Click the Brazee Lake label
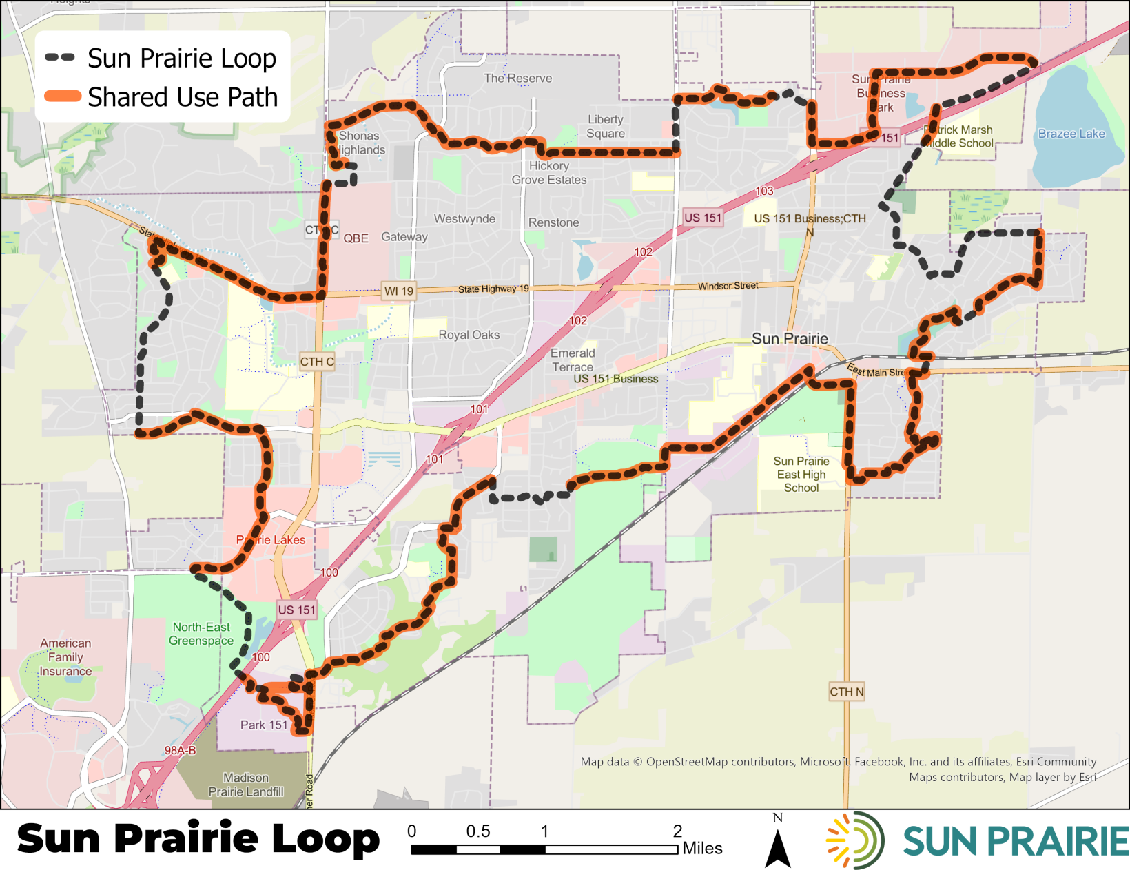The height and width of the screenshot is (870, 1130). tap(1071, 134)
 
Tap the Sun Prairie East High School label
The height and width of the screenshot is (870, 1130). tap(801, 475)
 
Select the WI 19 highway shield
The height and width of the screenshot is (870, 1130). tap(398, 291)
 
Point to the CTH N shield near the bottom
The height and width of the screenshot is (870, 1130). tap(846, 692)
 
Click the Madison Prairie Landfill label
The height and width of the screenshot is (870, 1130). tap(246, 785)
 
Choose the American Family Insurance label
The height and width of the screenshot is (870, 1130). tap(65, 657)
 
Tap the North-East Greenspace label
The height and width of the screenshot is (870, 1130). tap(201, 634)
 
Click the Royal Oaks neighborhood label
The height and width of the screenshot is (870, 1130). tap(469, 335)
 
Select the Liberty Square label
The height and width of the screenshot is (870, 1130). tap(606, 127)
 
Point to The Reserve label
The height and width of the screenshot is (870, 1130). tap(517, 79)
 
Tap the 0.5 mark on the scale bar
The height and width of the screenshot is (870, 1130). tap(478, 831)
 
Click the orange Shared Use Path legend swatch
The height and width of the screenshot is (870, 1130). tap(63, 96)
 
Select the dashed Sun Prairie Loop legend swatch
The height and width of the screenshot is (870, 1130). tap(61, 58)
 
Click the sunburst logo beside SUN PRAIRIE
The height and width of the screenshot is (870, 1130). tap(855, 840)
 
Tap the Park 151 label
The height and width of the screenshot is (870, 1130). tap(264, 725)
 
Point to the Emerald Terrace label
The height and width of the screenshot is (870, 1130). tap(573, 360)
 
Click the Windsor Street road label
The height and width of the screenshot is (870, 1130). tap(728, 286)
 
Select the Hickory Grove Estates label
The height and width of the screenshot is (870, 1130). tap(549, 173)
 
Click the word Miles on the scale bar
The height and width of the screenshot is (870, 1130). tap(702, 849)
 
